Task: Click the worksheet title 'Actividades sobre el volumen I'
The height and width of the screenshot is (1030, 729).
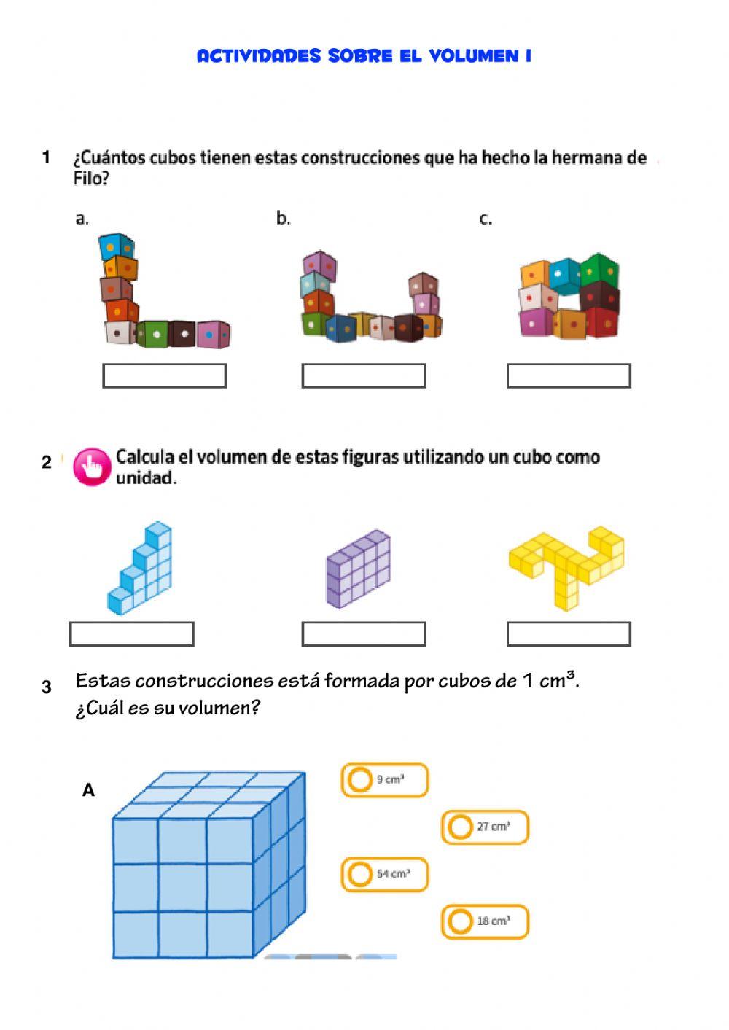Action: coord(364,56)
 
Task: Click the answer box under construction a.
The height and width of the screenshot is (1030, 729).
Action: coord(164,376)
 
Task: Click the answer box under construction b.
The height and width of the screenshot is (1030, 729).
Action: coord(364,376)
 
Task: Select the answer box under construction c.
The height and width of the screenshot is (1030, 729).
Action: coord(569,376)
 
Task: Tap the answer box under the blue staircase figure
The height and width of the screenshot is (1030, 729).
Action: coord(132,634)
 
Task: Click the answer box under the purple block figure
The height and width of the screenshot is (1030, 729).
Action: coord(364,634)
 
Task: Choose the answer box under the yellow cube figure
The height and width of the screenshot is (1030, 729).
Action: coord(569,634)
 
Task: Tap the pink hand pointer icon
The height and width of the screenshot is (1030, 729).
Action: coord(92,467)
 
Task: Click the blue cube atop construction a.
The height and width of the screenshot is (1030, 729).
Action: coord(117,246)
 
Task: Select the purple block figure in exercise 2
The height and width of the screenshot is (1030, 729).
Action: coord(358,569)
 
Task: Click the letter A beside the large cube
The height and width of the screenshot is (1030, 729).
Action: coord(88,790)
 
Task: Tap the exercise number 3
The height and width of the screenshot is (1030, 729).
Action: coord(47,687)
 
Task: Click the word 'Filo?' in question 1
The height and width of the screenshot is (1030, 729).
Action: coord(91,179)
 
